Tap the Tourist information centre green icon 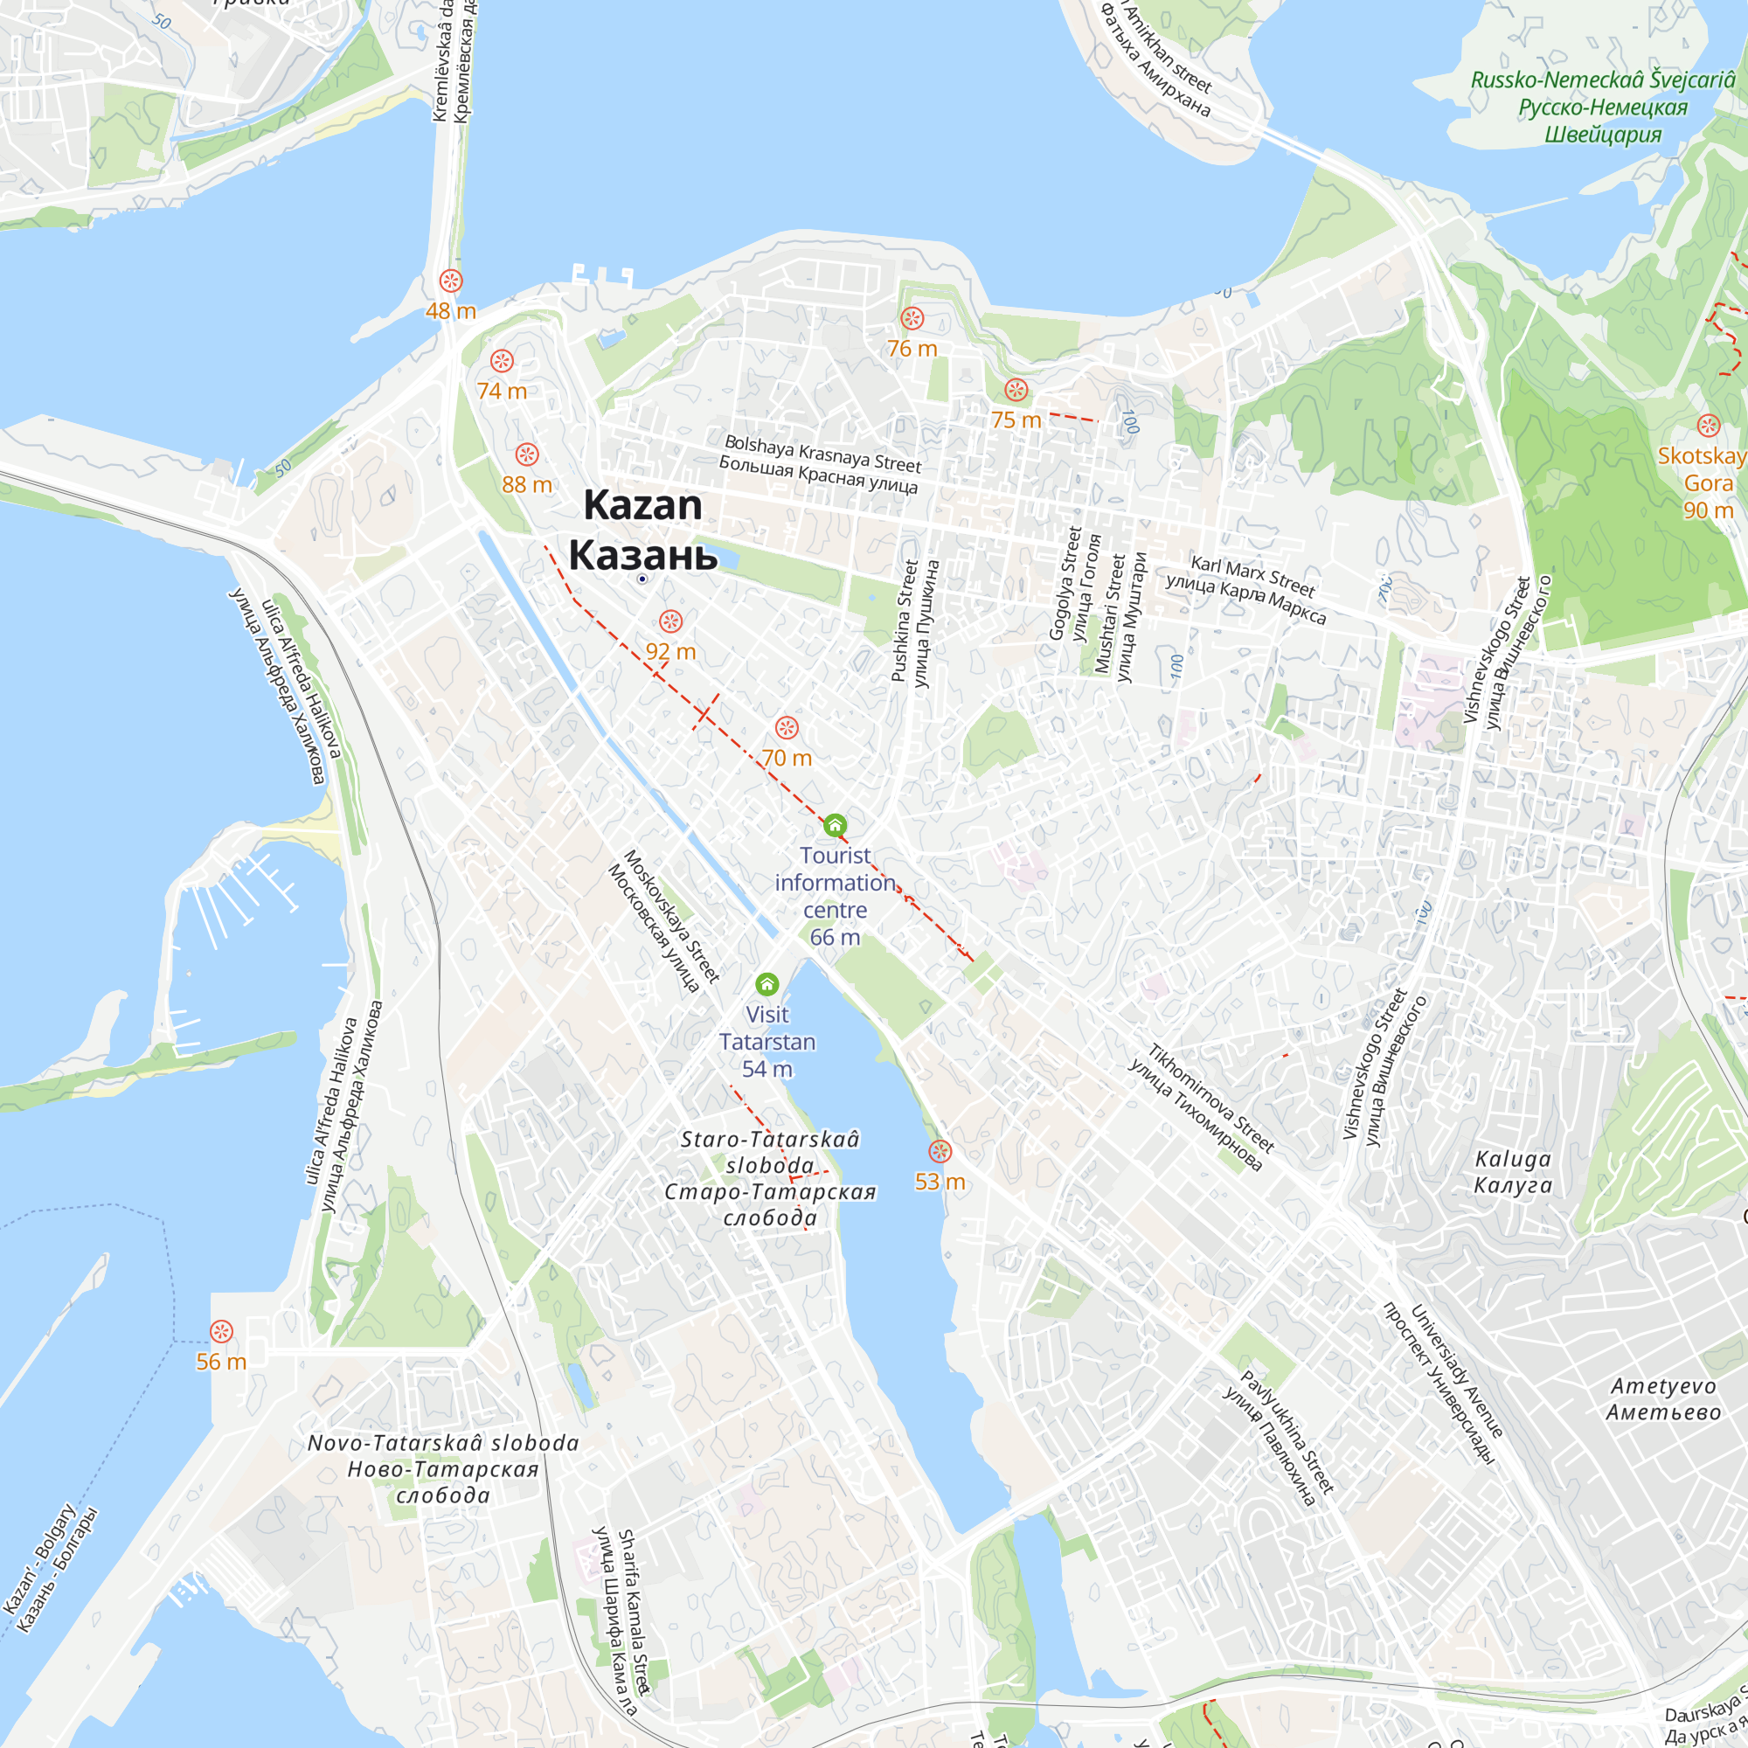pyautogui.click(x=835, y=825)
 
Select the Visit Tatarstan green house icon pyautogui.click(x=767, y=984)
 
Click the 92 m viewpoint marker pyautogui.click(x=670, y=621)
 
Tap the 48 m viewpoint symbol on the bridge pyautogui.click(x=451, y=281)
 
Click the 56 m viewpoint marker pyautogui.click(x=222, y=1332)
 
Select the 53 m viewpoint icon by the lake pyautogui.click(x=940, y=1152)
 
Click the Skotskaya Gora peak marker pyautogui.click(x=1708, y=426)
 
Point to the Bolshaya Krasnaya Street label pyautogui.click(x=822, y=455)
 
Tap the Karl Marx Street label pyautogui.click(x=1252, y=577)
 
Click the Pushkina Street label pyautogui.click(x=904, y=620)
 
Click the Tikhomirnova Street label pyautogui.click(x=1211, y=1099)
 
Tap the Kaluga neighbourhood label pyautogui.click(x=1513, y=1160)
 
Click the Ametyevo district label pyautogui.click(x=1663, y=1387)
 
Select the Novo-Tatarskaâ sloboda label pyautogui.click(x=443, y=1442)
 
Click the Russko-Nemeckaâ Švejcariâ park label pyautogui.click(x=1602, y=80)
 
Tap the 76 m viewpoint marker pyautogui.click(x=912, y=318)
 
